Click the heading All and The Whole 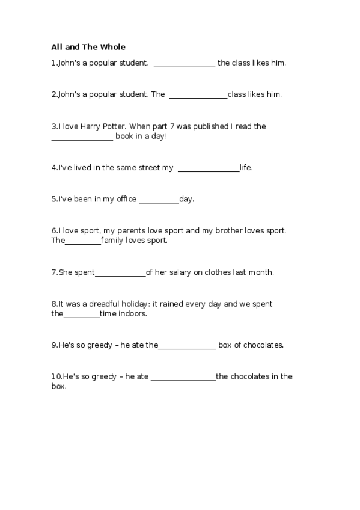[88, 47]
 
